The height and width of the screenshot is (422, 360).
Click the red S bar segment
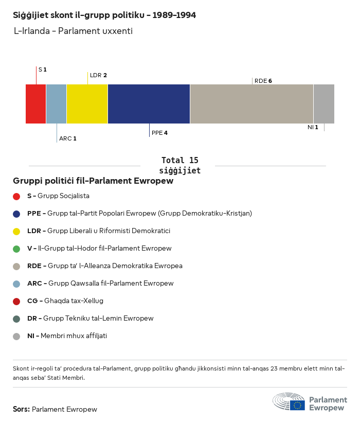36,104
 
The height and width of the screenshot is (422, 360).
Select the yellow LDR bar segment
87,104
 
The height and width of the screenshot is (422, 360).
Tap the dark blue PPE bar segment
149,104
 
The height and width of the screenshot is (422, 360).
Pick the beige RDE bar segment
251,104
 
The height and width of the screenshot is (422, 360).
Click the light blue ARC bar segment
56,104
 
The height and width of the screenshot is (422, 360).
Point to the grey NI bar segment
323,104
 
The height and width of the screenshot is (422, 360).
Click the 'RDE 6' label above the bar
263,81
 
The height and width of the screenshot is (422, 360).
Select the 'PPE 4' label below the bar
159,133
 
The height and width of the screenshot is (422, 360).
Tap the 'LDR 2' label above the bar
98,75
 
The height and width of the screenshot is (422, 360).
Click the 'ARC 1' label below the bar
67,138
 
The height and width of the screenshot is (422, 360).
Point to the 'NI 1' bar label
313,127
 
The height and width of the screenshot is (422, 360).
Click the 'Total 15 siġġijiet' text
179,165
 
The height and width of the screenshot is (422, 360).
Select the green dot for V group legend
16,249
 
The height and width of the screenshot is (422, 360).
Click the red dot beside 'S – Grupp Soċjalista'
16,196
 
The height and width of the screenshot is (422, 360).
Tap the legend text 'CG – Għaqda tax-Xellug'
65,301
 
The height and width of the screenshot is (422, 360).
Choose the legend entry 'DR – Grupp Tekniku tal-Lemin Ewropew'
90,319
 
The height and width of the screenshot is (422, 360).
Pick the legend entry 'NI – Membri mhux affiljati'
67,336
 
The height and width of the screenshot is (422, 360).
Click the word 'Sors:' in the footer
21,410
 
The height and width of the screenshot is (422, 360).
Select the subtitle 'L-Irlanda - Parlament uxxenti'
73,31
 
